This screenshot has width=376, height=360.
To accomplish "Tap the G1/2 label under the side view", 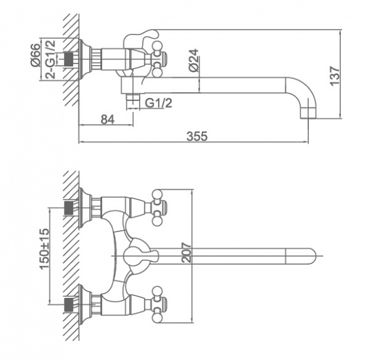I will point(159,103).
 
